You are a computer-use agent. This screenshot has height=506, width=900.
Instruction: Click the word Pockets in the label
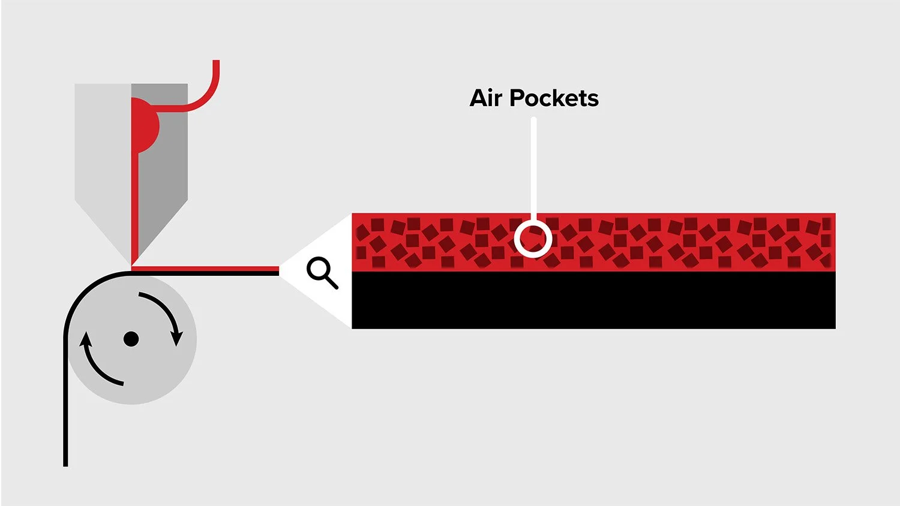coord(554,98)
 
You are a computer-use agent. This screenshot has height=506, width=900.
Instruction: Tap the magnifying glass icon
coord(322,273)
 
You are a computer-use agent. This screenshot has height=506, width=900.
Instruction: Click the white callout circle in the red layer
coord(533,239)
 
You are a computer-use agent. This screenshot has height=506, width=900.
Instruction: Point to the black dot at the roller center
coord(131,339)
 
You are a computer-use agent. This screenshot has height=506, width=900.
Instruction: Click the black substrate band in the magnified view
coord(593,300)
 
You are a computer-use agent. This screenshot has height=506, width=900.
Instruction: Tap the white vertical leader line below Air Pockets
coord(533,168)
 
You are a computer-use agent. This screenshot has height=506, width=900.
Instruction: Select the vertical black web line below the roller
coord(65,402)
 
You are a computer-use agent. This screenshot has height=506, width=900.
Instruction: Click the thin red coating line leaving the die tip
coord(205,268)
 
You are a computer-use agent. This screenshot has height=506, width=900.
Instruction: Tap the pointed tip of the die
coord(131,264)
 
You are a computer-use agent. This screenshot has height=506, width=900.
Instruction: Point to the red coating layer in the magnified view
coord(593,242)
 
